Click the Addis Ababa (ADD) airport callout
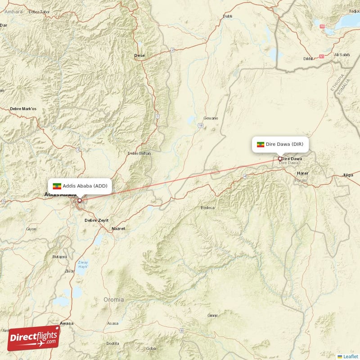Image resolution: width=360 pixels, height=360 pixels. click(80, 186)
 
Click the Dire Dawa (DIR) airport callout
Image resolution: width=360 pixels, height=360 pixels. click(280, 144)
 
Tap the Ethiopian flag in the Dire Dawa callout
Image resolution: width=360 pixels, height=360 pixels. click(260, 144)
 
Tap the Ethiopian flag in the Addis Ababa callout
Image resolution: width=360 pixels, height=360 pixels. click(57, 186)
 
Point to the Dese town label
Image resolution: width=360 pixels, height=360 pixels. click(139, 56)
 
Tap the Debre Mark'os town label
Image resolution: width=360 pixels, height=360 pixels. click(23, 109)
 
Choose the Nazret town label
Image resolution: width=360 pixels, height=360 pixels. click(118, 229)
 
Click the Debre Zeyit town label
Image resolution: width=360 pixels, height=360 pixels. click(96, 220)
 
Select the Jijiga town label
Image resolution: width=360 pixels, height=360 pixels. click(348, 175)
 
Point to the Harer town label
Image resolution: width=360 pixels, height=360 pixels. click(302, 173)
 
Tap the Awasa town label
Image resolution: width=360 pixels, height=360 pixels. click(67, 323)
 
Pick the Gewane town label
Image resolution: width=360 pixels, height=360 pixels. click(211, 118)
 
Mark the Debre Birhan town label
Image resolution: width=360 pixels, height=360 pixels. click(139, 153)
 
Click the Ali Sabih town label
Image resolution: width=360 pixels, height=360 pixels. click(342, 55)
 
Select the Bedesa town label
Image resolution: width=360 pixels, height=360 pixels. click(208, 208)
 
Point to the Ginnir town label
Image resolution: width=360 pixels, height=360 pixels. click(212, 315)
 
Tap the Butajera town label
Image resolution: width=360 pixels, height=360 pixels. click(59, 256)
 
